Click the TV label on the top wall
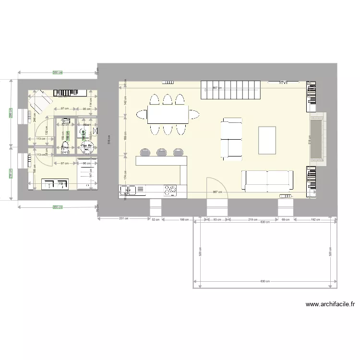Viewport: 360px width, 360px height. (x=284, y=83)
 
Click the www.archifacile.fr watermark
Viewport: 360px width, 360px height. (x=330, y=304)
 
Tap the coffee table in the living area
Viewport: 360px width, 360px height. (x=267, y=140)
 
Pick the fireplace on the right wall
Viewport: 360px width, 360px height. (x=317, y=139)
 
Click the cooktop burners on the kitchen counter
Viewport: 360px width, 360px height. (x=170, y=191)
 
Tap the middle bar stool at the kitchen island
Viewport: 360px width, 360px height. (x=161, y=153)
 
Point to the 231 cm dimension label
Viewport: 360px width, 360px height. (x=123, y=219)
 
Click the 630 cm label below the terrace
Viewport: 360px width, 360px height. (x=265, y=281)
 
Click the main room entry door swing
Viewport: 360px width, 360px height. (x=214, y=186)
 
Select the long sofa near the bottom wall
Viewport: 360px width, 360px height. (x=267, y=180)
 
